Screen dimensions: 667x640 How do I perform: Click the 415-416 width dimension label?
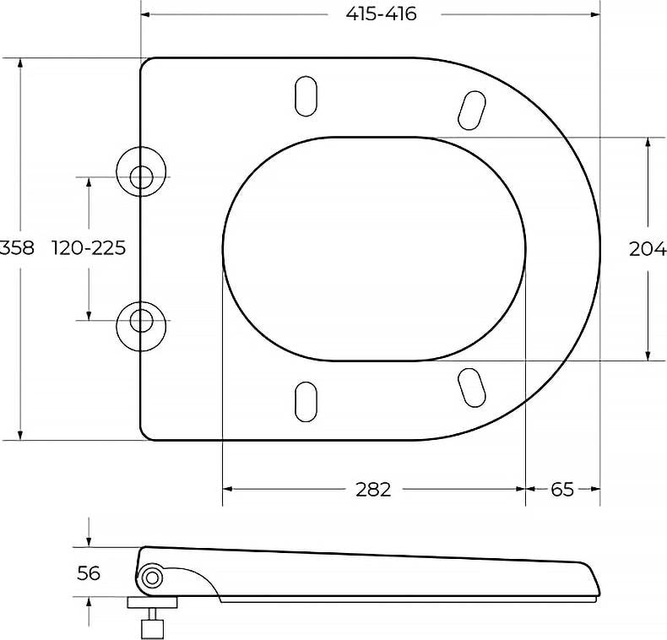(381, 14)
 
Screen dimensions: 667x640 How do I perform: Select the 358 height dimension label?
(17, 247)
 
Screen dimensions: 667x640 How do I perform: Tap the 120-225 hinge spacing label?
(89, 247)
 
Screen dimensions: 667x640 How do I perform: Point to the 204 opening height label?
(648, 249)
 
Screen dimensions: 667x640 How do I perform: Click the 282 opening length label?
(373, 490)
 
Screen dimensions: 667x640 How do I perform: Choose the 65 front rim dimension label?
(562, 490)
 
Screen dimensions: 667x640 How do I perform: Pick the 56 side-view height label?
(89, 573)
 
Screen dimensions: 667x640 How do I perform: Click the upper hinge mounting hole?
(141, 177)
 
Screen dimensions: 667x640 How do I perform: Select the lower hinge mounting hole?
(141, 321)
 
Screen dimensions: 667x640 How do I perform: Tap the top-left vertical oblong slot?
(306, 96)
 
